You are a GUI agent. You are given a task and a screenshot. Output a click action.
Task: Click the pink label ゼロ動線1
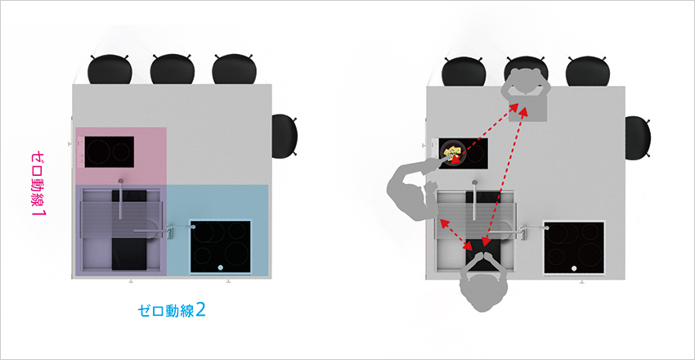point(39,184)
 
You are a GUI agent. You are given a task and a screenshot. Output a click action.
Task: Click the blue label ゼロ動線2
point(172,310)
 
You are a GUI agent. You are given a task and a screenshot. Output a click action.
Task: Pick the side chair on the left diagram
point(284,136)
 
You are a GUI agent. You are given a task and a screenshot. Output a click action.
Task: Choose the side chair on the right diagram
point(638,137)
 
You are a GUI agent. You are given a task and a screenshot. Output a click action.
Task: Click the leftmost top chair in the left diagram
point(110,70)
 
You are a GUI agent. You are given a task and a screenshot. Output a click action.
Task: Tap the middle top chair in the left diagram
point(172,70)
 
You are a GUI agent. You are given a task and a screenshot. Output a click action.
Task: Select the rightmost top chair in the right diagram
point(588,71)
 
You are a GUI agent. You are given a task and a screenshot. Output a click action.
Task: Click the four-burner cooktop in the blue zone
point(220,246)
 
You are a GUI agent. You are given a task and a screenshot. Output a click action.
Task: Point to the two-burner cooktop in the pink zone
point(109,151)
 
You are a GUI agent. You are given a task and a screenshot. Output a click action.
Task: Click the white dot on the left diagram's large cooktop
point(220,268)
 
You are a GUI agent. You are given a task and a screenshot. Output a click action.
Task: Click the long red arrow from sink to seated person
point(504,176)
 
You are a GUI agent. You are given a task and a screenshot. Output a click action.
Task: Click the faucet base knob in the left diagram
point(121,181)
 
